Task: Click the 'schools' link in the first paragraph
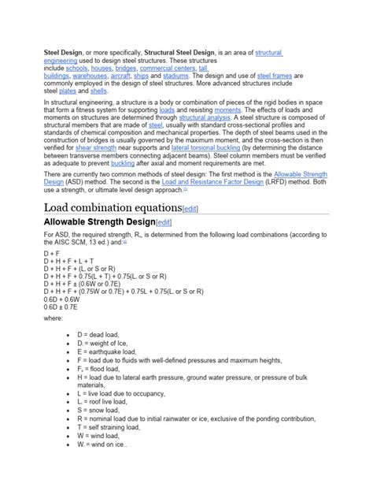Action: [76, 69]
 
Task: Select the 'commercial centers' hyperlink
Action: [166, 69]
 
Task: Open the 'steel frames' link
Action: [275, 76]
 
